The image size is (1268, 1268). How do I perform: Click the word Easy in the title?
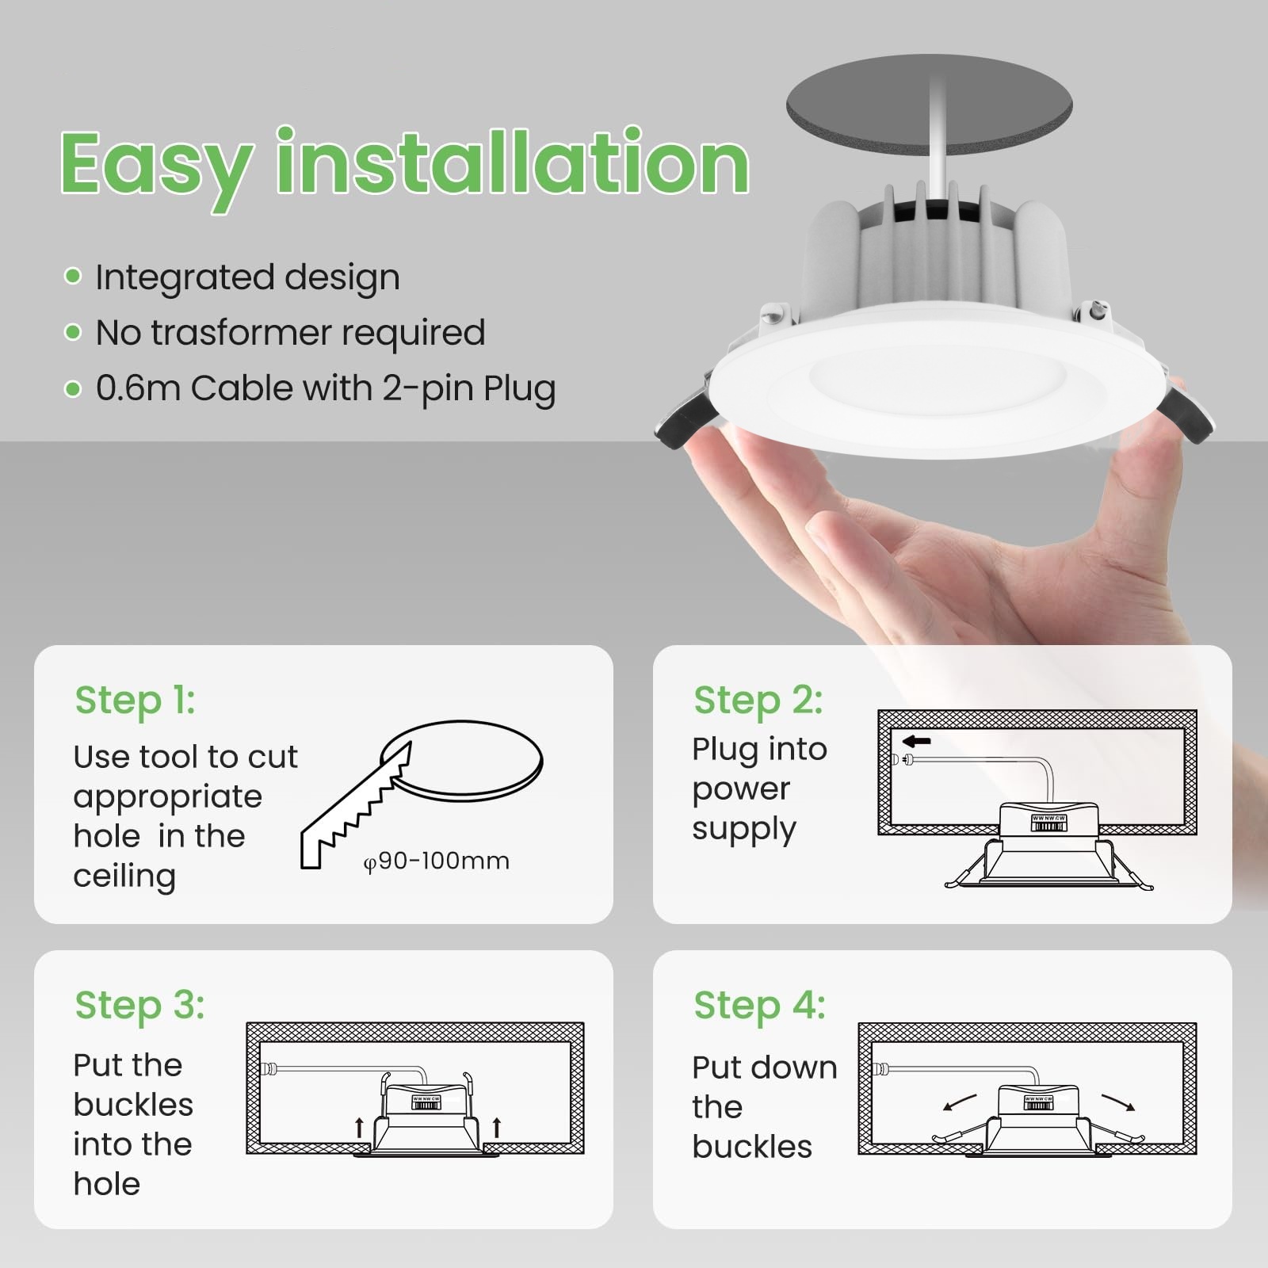pyautogui.click(x=157, y=165)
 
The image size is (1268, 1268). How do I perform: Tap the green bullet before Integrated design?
pyautogui.click(x=73, y=276)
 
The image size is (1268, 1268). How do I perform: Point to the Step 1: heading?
pyautogui.click(x=135, y=701)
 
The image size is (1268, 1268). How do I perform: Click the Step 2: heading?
pyautogui.click(x=758, y=701)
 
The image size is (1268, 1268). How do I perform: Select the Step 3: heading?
pyautogui.click(x=140, y=1006)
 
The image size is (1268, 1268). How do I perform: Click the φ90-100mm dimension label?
pyautogui.click(x=436, y=861)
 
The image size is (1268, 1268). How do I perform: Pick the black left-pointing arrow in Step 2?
pyautogui.click(x=917, y=742)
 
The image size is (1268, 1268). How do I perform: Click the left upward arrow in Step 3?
pyautogui.click(x=360, y=1127)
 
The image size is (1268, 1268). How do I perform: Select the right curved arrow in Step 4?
pyautogui.click(x=1119, y=1102)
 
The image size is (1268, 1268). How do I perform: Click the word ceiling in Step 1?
pyautogui.click(x=124, y=877)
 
